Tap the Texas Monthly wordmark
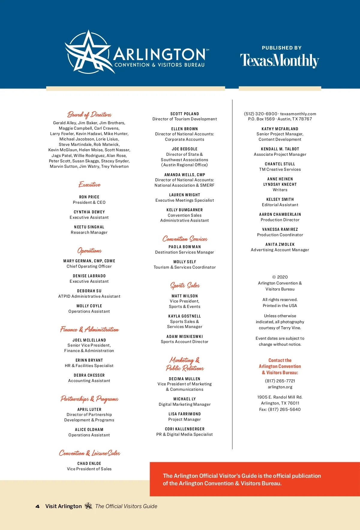(280, 60)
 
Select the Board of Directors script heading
(89, 115)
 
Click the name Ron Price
(89, 197)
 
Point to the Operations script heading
(89, 251)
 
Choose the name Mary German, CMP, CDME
(89, 261)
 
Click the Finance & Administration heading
(89, 330)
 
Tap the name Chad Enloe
(89, 463)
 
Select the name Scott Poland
(184, 114)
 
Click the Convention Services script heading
(185, 239)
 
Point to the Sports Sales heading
(185, 285)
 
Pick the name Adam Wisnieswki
(184, 336)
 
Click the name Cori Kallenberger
(184, 429)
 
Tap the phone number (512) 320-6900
(261, 114)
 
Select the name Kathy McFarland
(280, 129)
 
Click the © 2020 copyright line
(280, 277)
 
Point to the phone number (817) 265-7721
(280, 381)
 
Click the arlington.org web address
(280, 387)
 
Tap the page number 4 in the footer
(37, 506)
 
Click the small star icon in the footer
(88, 506)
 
